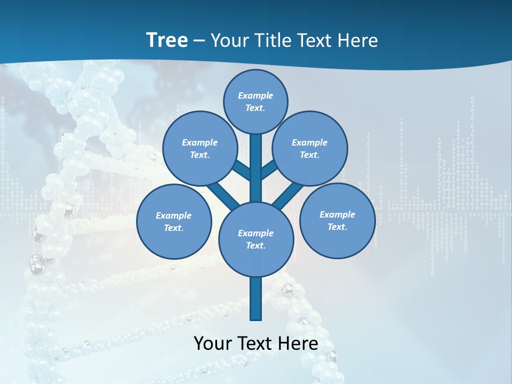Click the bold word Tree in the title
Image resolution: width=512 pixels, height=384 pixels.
(x=167, y=41)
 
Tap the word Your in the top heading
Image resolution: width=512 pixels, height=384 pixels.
(x=228, y=41)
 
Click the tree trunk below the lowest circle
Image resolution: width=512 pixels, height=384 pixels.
(x=256, y=299)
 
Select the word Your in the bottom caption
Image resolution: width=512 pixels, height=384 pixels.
(x=213, y=343)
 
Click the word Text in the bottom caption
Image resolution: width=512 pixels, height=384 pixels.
(x=255, y=343)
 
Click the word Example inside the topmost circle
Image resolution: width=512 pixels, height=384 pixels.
(x=255, y=96)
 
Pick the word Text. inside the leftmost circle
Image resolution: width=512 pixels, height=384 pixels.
(x=174, y=228)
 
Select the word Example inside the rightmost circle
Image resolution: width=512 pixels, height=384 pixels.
(x=337, y=215)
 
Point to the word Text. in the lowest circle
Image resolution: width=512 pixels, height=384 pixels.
(x=255, y=246)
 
